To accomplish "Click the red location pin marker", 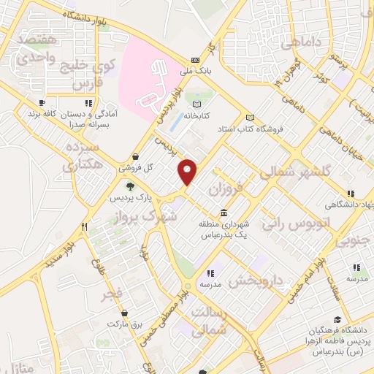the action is [x=188, y=172].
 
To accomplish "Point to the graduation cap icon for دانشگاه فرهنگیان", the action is [x=337, y=318].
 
